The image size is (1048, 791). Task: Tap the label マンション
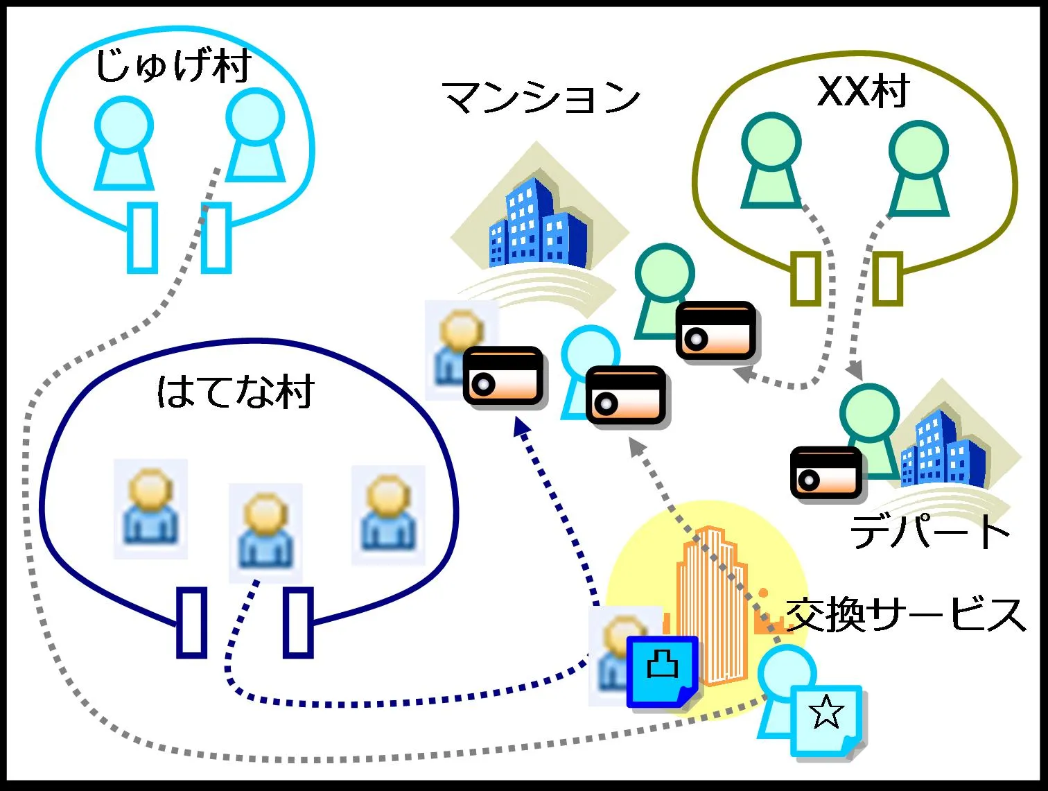coord(541,98)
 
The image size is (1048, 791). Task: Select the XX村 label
coord(862,92)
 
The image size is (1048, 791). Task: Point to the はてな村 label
coord(236,392)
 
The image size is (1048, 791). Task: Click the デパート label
coord(929,532)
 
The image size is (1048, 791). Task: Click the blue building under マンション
coord(537,225)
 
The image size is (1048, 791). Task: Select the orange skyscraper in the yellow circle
coord(710,603)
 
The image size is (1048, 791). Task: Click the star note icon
coord(826,721)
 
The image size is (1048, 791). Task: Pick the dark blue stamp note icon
coord(662,671)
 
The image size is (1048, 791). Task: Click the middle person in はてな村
coord(265,531)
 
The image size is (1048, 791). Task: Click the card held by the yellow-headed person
coord(503,375)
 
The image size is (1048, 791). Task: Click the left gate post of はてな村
coord(192,621)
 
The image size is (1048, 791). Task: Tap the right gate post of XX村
coord(887,278)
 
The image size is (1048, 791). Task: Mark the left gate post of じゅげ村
coord(142,237)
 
